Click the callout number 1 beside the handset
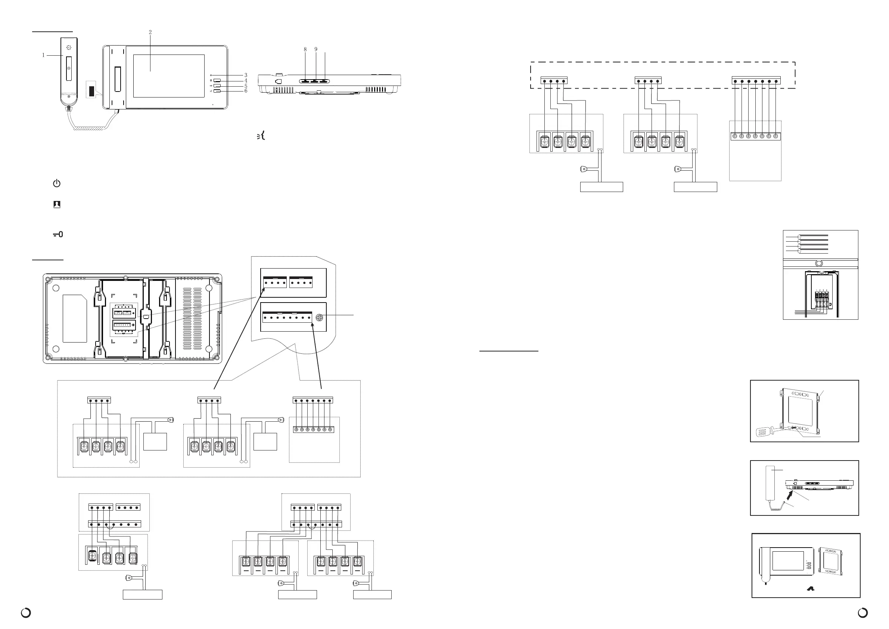(43, 55)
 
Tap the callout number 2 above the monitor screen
(150, 32)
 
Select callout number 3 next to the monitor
(245, 75)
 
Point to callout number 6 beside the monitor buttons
(245, 91)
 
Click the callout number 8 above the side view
(305, 50)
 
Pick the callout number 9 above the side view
(316, 50)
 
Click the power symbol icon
(57, 183)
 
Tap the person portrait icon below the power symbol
(57, 205)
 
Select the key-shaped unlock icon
(58, 234)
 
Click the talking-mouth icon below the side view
(261, 136)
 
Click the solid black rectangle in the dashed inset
(91, 91)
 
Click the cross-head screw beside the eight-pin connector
(320, 317)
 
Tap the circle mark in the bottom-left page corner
(26, 613)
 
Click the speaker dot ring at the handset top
(69, 48)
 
